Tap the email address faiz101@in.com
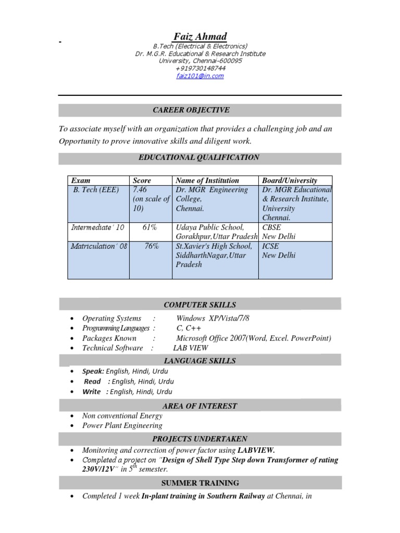pyautogui.click(x=200, y=76)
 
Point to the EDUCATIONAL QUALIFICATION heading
pyautogui.click(x=199, y=157)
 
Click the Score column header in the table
pyautogui.click(x=142, y=181)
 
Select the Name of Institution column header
pyautogui.click(x=207, y=181)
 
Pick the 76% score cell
pyautogui.click(x=152, y=246)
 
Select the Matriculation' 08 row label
pyautogui.click(x=98, y=246)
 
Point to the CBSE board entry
pyautogui.click(x=272, y=227)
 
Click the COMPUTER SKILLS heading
pyautogui.click(x=199, y=304)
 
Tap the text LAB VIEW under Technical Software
pyautogui.click(x=190, y=348)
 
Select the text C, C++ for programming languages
pyautogui.click(x=189, y=328)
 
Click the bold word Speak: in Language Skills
pyautogui.click(x=93, y=371)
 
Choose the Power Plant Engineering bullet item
pyautogui.click(x=122, y=425)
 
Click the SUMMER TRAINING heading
pyautogui.click(x=199, y=483)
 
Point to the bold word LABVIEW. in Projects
pyautogui.click(x=256, y=450)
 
